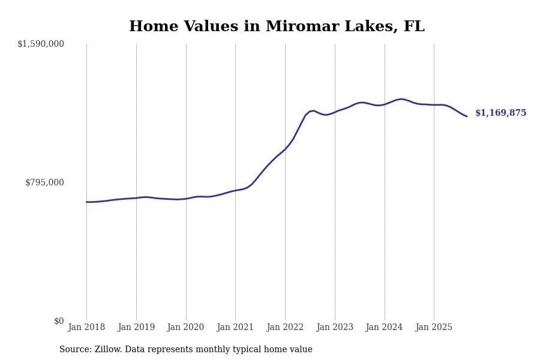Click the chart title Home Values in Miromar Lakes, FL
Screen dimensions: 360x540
click(277, 27)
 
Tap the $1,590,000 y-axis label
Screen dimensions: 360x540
click(41, 44)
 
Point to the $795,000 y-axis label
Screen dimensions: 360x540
click(44, 182)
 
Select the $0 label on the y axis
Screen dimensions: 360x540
click(59, 321)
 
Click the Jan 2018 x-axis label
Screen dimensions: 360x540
click(86, 328)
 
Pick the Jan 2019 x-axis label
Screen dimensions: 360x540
click(136, 328)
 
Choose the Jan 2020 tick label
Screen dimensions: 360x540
click(186, 328)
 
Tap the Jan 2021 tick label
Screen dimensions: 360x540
click(235, 328)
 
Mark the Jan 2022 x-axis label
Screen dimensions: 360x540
click(285, 328)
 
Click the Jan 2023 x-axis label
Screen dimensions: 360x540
click(335, 328)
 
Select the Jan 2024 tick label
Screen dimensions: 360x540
click(385, 328)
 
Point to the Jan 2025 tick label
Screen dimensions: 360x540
click(434, 328)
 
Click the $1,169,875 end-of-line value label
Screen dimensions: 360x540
click(500, 113)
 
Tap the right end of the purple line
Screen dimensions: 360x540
click(467, 116)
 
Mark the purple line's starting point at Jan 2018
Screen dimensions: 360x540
click(86, 202)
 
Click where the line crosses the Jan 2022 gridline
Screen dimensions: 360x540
click(285, 149)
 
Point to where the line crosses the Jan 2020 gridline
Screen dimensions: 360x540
click(186, 199)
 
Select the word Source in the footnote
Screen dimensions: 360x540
click(74, 350)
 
